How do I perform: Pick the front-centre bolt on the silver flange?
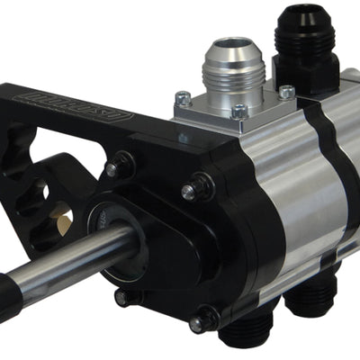[238, 112]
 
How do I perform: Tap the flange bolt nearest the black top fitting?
[286, 92]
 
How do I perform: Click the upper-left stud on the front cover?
[115, 168]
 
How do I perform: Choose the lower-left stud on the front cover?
[122, 298]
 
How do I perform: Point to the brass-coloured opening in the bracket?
[61, 215]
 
